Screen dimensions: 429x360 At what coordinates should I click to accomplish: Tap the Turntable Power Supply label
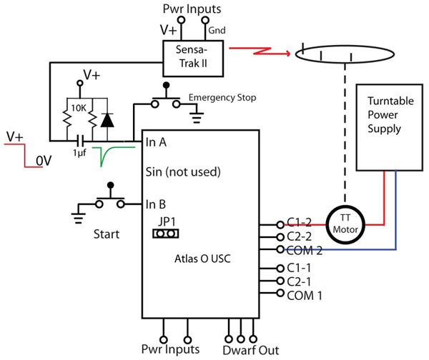[390, 115]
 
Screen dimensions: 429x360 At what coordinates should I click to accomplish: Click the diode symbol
[107, 120]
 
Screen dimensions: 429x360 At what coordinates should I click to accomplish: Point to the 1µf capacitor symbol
[80, 141]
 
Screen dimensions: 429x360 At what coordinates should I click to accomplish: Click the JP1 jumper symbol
[166, 234]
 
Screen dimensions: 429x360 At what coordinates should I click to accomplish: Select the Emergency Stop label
[222, 98]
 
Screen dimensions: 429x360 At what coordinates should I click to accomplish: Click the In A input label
[156, 142]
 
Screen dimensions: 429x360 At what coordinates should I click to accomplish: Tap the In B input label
[156, 204]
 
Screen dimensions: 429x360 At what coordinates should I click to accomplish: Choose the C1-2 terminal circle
[280, 225]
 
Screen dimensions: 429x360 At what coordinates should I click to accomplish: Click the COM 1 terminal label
[305, 296]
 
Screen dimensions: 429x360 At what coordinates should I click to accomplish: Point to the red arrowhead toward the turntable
[287, 54]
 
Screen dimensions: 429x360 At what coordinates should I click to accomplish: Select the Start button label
[107, 234]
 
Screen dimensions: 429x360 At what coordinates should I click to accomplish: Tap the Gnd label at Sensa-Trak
[217, 30]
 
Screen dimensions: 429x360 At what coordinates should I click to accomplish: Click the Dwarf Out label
[251, 350]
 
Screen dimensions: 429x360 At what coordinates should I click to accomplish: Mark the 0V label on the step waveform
[44, 161]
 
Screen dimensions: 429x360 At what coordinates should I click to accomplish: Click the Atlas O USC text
[202, 259]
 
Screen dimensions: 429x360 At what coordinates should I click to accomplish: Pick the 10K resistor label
[79, 109]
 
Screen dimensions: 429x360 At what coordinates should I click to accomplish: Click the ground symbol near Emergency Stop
[197, 117]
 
